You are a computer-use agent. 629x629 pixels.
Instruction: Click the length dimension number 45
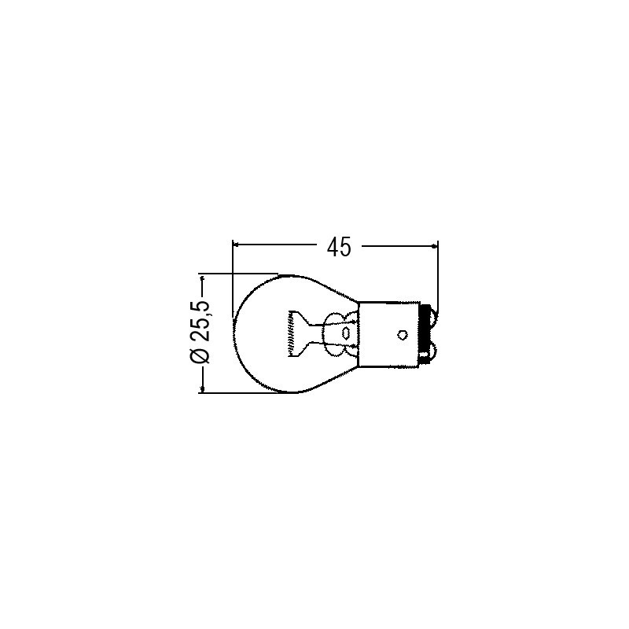338,247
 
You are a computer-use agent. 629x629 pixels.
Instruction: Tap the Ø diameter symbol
200,356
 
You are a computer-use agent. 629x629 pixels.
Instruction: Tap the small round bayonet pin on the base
402,335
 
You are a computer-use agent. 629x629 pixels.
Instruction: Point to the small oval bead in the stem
345,334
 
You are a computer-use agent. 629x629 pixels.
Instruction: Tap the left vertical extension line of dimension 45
234,275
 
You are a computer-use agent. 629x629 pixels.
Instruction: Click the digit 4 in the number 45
333,247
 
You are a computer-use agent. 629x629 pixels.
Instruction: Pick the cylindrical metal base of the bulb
389,335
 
